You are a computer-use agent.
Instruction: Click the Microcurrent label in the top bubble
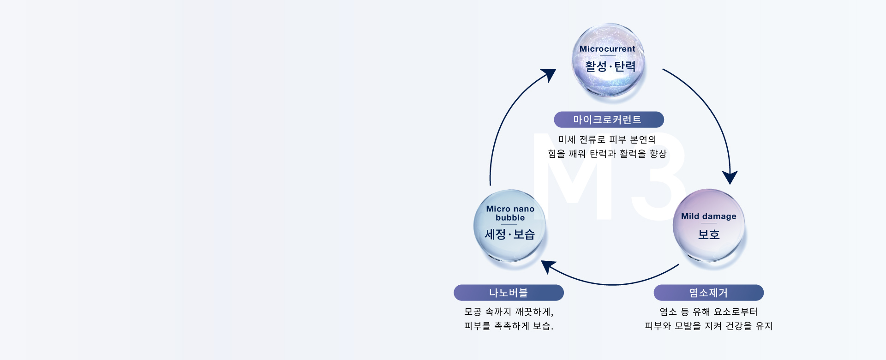[607, 49]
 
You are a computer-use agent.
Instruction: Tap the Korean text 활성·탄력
[610, 66]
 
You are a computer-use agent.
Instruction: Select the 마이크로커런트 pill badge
[609, 120]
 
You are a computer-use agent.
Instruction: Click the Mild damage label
[708, 216]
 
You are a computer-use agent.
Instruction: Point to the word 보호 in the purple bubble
[708, 234]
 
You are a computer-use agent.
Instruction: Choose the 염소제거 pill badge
[708, 293]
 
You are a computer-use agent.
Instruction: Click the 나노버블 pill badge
[509, 293]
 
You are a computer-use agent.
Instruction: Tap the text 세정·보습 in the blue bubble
[509, 234]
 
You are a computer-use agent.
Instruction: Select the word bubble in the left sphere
[510, 218]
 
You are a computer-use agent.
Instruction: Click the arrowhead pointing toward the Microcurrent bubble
[549, 74]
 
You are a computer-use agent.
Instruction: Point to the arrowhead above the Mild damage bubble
[730, 177]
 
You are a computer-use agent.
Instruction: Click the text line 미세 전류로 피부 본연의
[607, 139]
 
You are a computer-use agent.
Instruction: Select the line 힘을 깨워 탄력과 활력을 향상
[607, 154]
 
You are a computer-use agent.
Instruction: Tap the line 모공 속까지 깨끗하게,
[509, 312]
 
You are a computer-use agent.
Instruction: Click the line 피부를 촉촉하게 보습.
[509, 326]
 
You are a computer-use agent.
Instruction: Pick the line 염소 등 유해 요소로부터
[708, 312]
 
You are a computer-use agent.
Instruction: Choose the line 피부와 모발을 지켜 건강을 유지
[708, 326]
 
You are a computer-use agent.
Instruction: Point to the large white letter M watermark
[572, 180]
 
